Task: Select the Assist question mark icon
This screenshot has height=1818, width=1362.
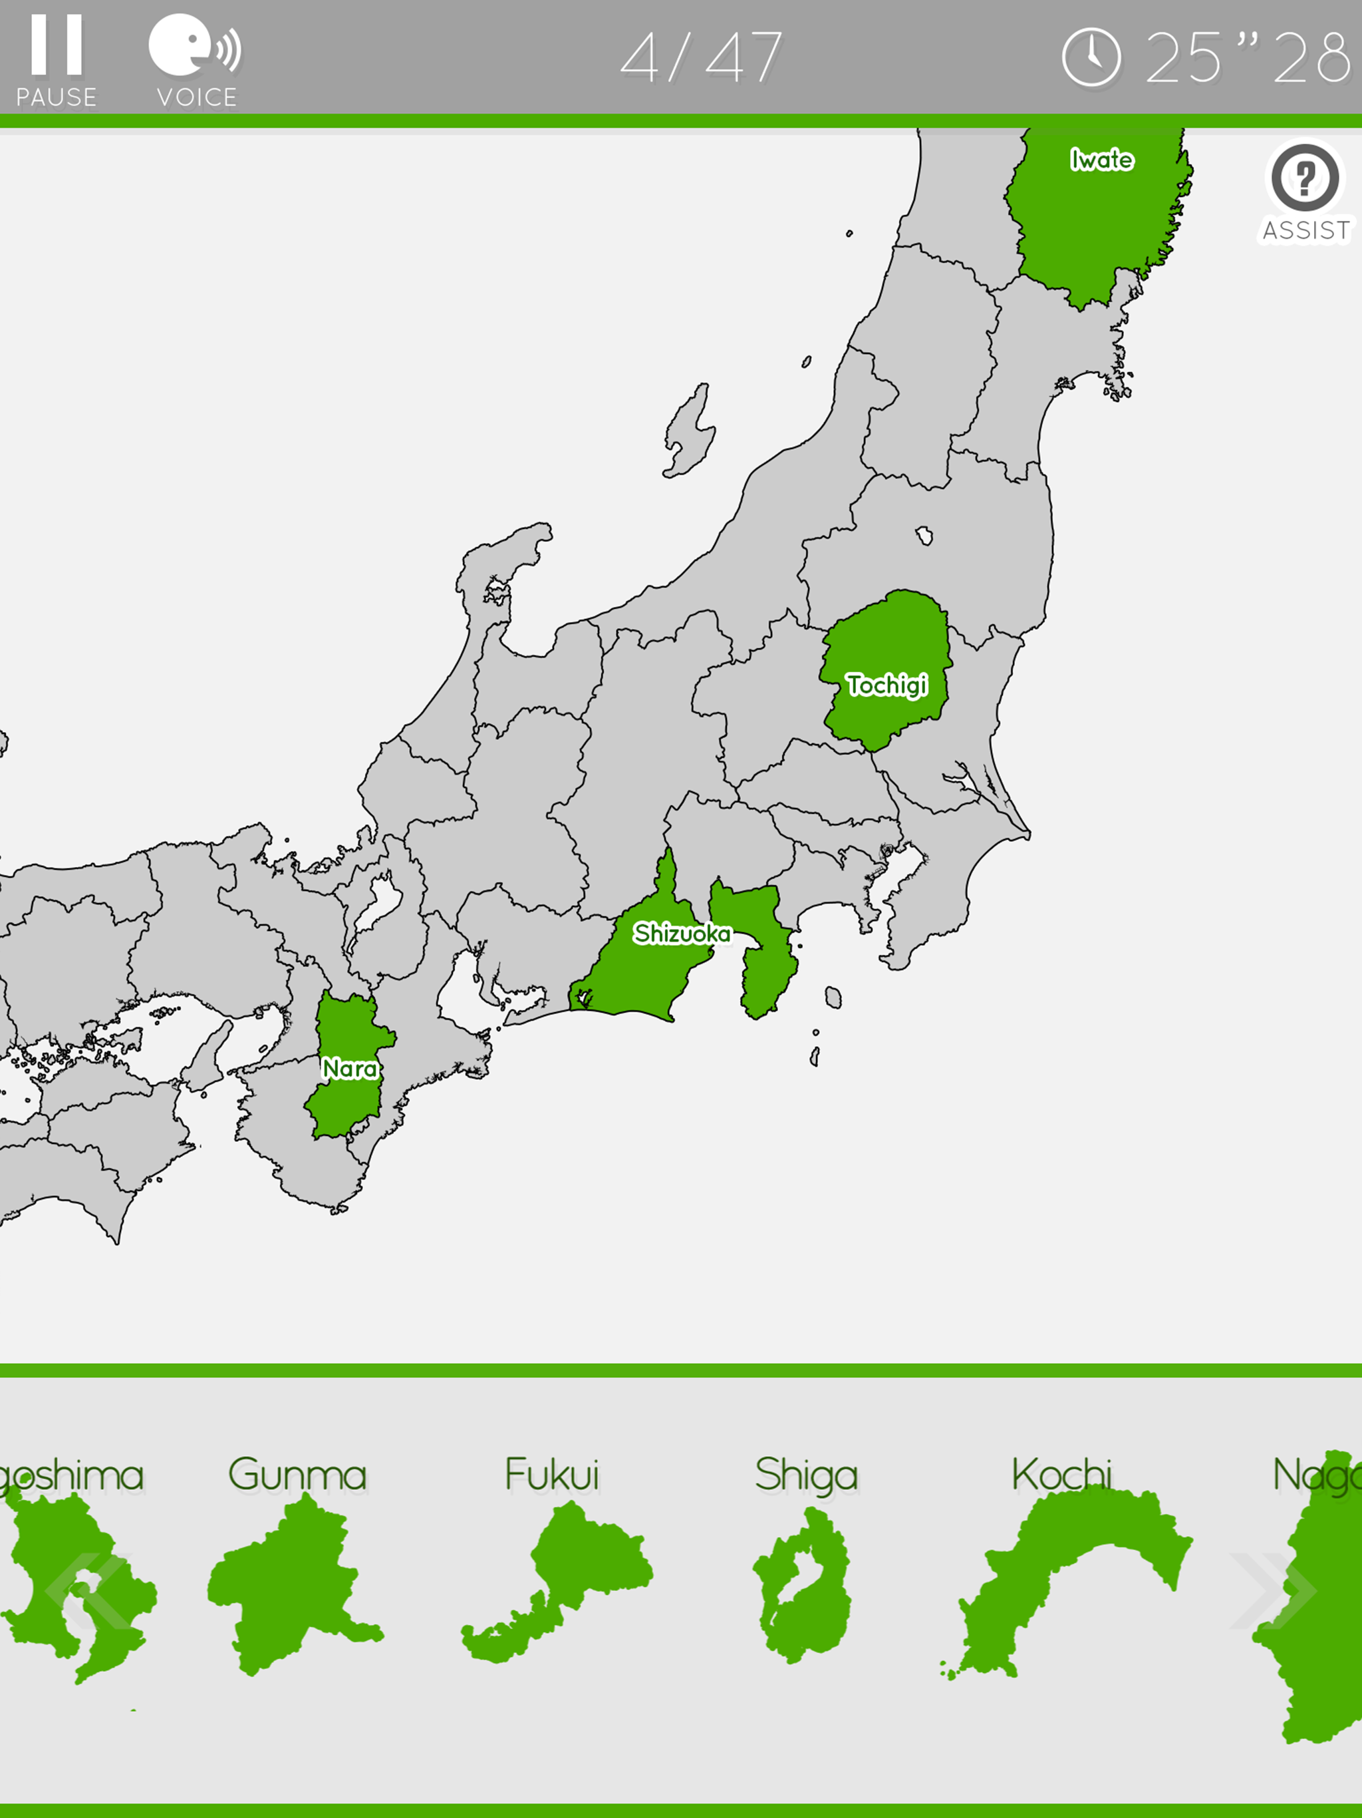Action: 1305,178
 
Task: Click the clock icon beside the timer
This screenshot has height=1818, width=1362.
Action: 1091,57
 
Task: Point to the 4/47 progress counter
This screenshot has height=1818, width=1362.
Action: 701,57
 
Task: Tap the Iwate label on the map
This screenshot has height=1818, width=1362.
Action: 1101,160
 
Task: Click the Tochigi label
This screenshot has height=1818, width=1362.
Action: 887,685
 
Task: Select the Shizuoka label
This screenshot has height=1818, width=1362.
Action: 681,934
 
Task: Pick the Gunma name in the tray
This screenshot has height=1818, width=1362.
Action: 297,1475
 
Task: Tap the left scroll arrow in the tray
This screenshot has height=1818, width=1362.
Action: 86,1591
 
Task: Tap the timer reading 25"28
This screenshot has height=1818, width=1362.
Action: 1247,57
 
